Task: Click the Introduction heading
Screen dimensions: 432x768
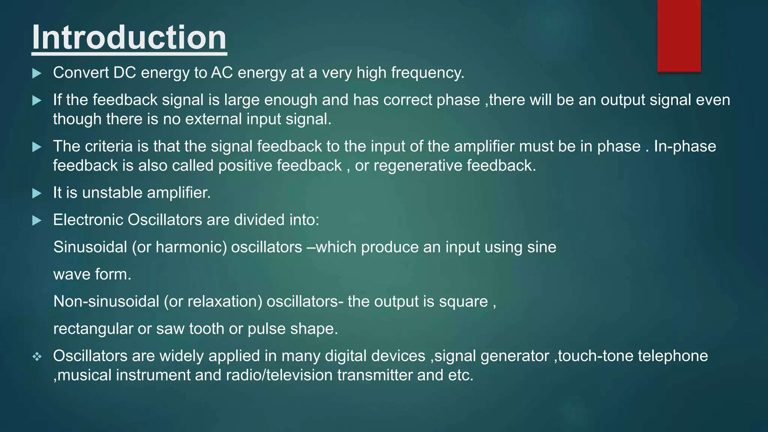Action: (129, 37)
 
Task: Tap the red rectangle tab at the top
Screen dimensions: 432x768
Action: (679, 36)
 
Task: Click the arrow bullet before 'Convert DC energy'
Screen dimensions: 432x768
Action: (37, 73)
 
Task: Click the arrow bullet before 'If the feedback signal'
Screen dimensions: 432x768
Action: (37, 100)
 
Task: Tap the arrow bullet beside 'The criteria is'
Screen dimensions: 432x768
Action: (37, 147)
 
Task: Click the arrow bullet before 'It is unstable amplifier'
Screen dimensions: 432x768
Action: (37, 193)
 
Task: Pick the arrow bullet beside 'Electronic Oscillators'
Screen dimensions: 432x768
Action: (37, 220)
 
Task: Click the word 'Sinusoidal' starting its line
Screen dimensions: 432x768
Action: (90, 247)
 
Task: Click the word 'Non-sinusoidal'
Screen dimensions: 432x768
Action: (106, 301)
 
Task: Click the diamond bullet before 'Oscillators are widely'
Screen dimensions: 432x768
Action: (37, 357)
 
